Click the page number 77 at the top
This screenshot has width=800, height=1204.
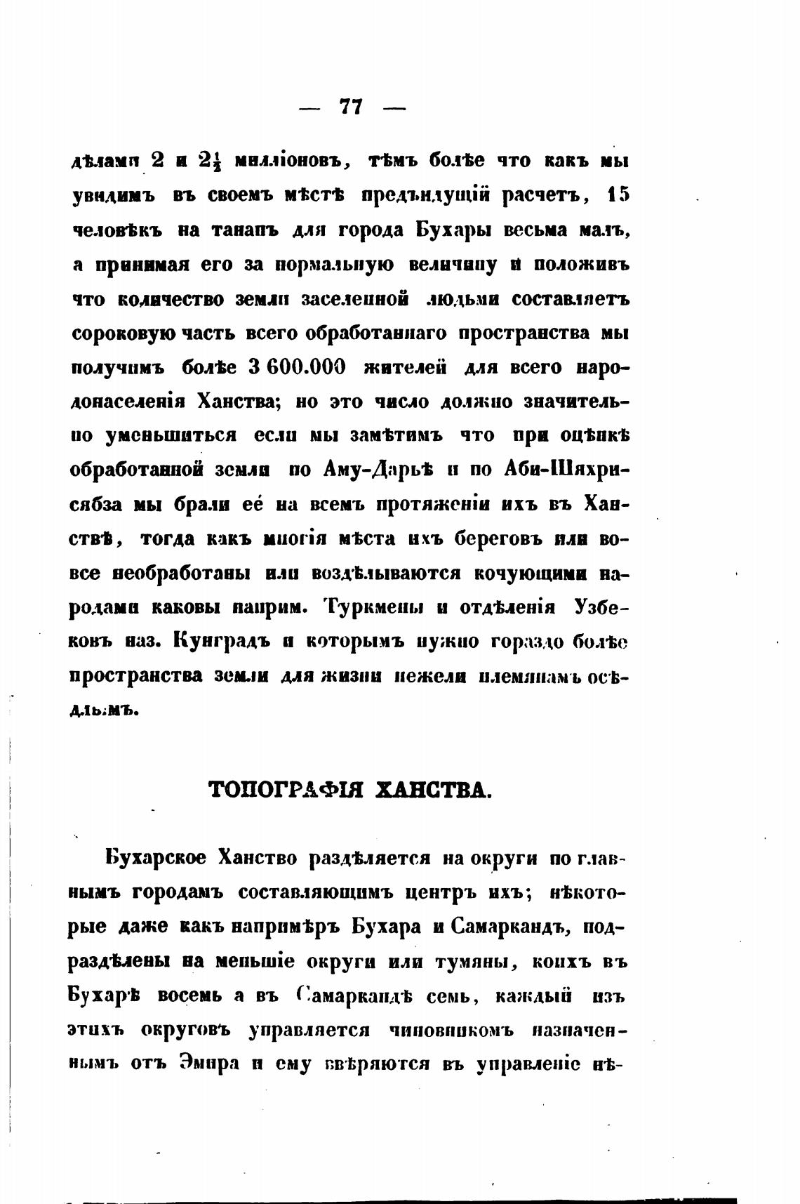[351, 107]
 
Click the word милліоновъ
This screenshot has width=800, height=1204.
[288, 162]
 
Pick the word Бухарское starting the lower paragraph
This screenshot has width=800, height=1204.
[156, 858]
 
